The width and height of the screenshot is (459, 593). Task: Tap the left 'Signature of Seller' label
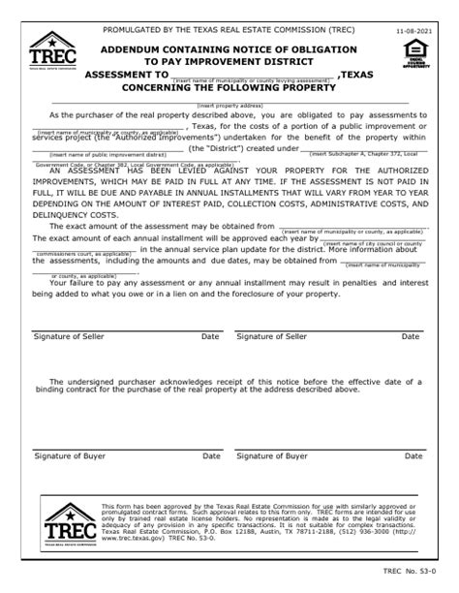click(x=72, y=336)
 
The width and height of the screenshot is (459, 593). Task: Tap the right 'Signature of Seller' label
click(x=272, y=336)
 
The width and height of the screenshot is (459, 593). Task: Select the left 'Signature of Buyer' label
click(x=71, y=454)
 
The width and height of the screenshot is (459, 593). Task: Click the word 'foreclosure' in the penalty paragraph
click(x=301, y=292)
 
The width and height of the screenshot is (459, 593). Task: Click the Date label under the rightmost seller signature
click(x=412, y=336)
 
